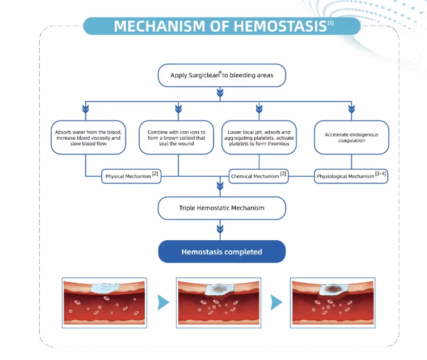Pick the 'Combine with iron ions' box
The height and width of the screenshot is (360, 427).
(x=176, y=137)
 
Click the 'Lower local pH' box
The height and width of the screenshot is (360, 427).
(x=259, y=137)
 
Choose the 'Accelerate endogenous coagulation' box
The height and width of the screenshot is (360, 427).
(x=352, y=137)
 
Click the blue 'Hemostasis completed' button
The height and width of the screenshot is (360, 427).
(x=221, y=252)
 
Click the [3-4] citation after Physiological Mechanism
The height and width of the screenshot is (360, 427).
(x=382, y=174)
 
